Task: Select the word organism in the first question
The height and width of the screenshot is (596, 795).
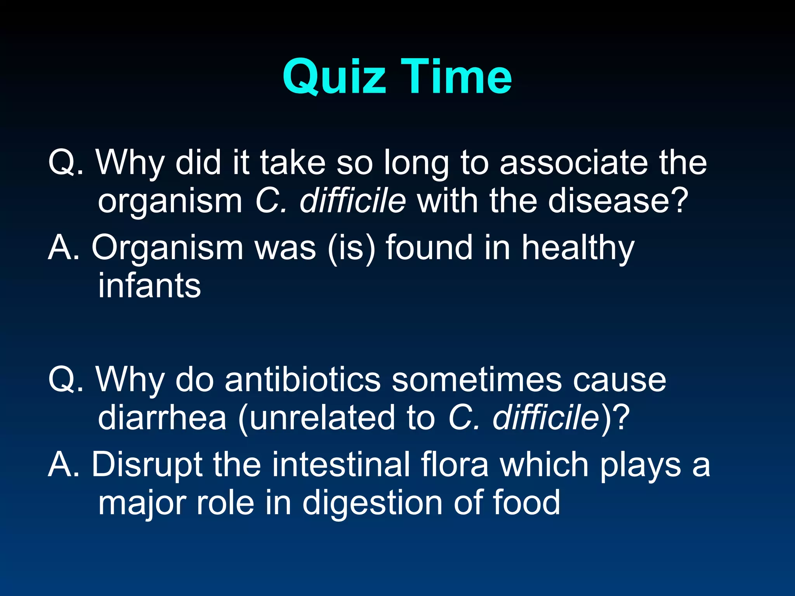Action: coord(170,202)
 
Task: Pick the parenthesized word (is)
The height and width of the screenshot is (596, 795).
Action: coord(351,248)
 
